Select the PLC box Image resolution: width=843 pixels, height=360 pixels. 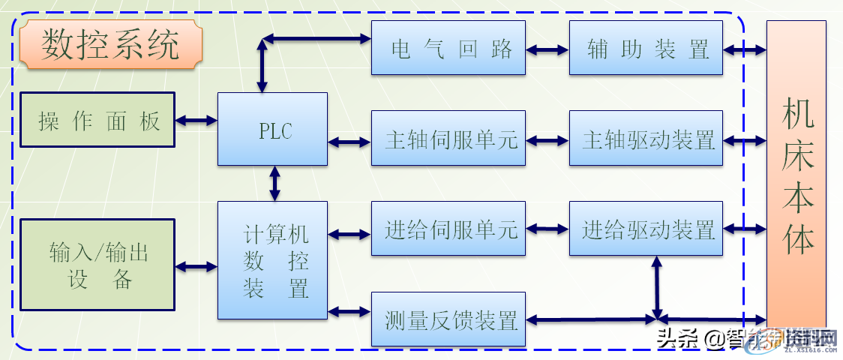272,129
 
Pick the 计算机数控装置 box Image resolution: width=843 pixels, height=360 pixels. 272,259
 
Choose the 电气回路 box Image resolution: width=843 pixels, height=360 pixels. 448,48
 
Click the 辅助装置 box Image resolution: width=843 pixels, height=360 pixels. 646,48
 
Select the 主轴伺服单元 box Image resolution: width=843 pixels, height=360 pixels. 448,139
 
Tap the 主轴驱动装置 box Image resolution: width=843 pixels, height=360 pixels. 646,139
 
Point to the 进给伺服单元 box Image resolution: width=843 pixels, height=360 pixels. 448,229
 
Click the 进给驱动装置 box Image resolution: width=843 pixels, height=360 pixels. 646,229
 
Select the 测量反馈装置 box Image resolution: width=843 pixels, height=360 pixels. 448,319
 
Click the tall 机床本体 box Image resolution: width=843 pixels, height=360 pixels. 796,172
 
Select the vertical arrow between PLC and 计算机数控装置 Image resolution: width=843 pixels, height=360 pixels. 274,184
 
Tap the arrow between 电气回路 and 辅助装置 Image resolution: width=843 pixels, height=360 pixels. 547,49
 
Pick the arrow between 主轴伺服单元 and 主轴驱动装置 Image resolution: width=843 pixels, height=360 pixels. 547,140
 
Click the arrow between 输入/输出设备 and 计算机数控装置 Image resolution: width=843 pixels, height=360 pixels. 196,265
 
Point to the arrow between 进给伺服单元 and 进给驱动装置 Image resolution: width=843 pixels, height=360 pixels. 547,229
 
